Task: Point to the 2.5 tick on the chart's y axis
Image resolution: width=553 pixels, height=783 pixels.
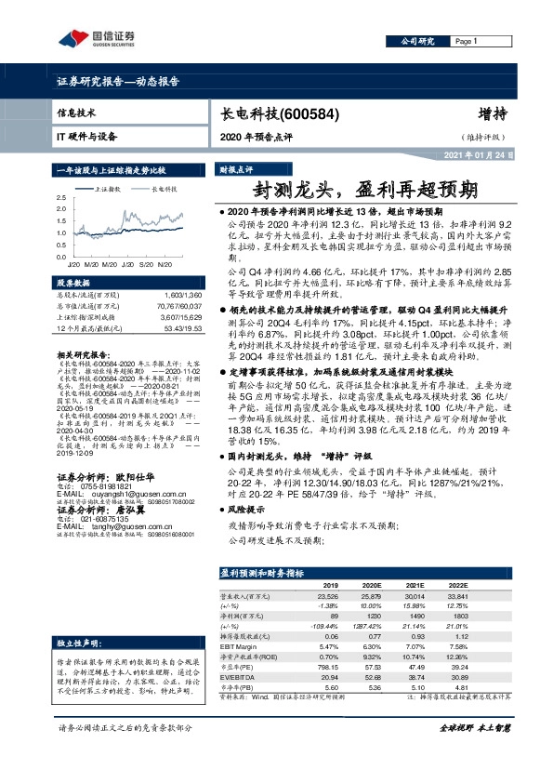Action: click(61, 198)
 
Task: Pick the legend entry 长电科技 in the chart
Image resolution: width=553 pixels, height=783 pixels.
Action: click(164, 187)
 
